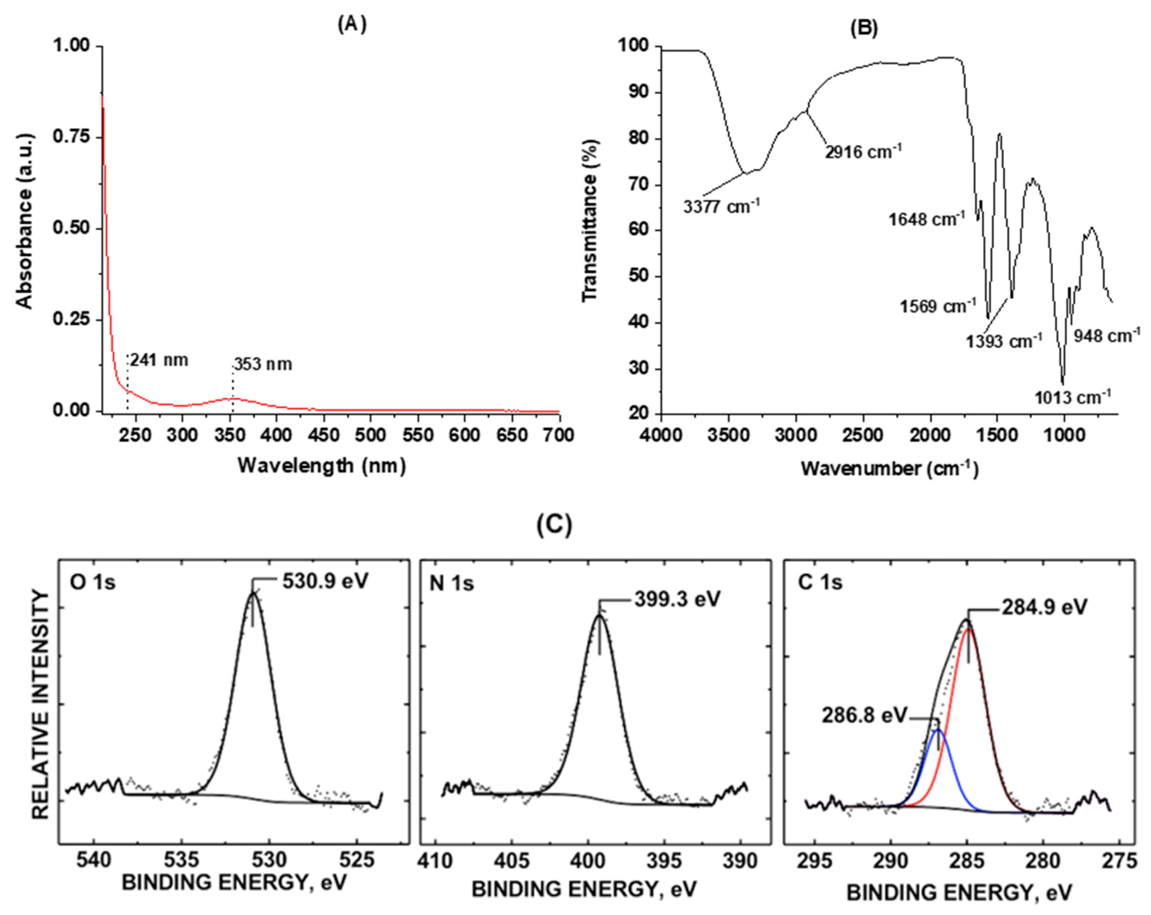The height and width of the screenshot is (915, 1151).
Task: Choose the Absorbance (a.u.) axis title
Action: [25, 221]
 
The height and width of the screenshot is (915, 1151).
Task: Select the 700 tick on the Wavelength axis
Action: [559, 435]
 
